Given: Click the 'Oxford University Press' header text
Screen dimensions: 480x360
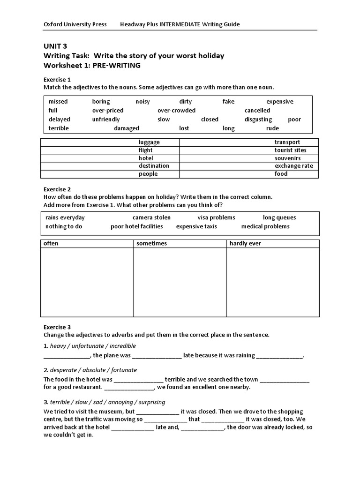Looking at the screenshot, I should [75, 24].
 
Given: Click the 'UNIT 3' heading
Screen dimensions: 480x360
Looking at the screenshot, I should [55, 46].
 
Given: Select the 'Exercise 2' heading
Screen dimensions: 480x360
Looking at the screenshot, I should [57, 189].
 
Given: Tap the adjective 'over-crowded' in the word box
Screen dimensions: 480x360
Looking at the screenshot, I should [177, 111].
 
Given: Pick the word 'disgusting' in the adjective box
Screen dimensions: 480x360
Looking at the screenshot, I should [258, 120].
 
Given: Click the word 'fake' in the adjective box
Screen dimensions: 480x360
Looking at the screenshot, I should [228, 102].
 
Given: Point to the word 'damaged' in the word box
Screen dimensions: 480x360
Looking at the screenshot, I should [127, 128].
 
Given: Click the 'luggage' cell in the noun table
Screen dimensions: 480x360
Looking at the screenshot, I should [149, 142].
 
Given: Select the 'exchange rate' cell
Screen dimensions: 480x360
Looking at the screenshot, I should [293, 166].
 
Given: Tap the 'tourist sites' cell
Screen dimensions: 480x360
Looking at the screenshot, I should [290, 150].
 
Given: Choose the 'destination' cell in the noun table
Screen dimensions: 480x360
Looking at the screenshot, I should [154, 166].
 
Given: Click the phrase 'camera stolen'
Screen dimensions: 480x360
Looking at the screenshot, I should [151, 217].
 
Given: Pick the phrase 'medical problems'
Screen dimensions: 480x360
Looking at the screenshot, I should [265, 226].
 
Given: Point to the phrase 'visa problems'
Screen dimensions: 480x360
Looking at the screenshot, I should [216, 217].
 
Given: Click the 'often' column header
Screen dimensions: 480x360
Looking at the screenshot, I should [51, 244].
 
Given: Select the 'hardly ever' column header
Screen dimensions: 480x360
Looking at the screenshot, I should [245, 244].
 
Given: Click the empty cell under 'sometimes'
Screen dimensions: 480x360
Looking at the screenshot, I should [180, 282].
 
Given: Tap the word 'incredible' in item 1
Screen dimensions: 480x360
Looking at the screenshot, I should [120, 346].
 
